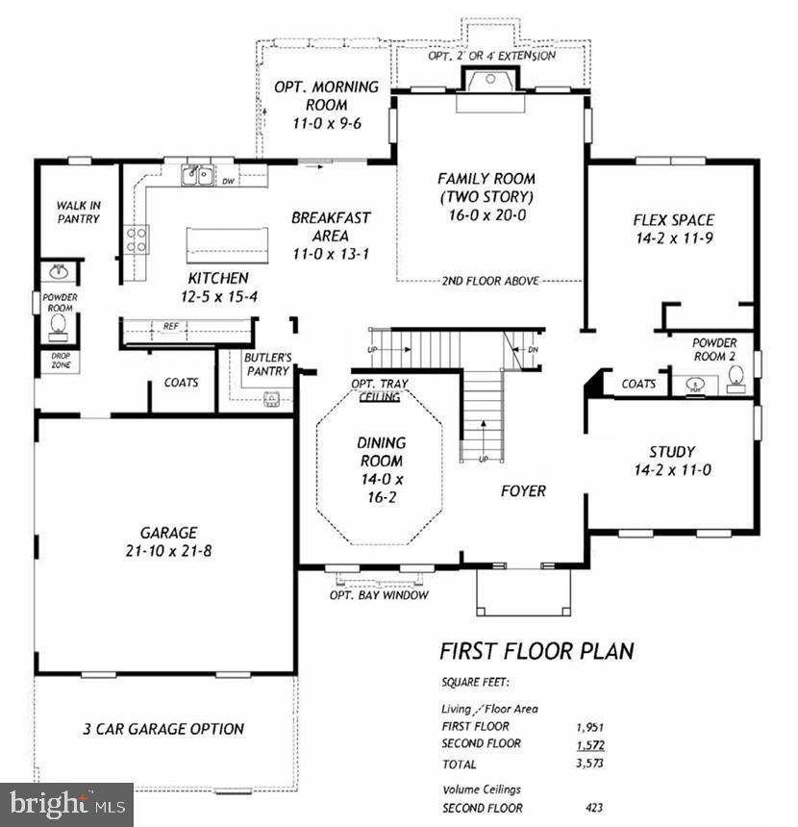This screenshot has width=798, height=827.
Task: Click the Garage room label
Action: (168, 540)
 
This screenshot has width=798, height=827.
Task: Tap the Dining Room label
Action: (382, 470)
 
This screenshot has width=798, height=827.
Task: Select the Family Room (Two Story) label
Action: (486, 197)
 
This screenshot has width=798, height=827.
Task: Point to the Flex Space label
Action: (672, 227)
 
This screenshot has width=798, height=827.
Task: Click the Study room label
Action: (671, 461)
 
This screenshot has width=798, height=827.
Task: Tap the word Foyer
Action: (523, 490)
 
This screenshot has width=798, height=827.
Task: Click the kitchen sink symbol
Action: (199, 175)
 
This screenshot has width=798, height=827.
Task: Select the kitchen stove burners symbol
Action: (136, 238)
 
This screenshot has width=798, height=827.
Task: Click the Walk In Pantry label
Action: (77, 212)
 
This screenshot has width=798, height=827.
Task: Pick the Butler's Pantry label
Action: (266, 364)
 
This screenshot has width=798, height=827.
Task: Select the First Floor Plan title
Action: (536, 651)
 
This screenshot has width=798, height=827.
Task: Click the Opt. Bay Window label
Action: (379, 594)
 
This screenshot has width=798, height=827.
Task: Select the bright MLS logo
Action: (66, 804)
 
